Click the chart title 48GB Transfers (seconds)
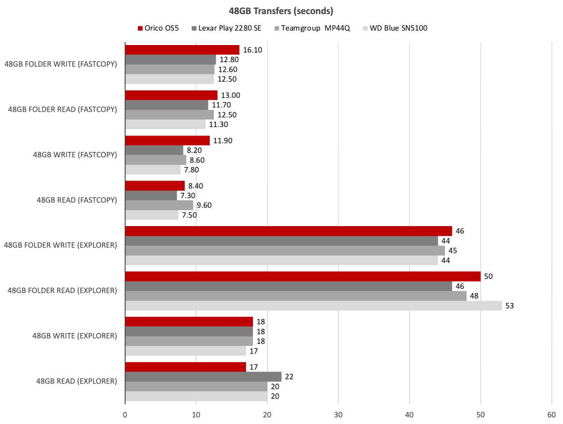[x=281, y=11]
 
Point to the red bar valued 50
[x=303, y=276]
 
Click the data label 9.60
[x=205, y=205]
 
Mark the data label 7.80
[x=192, y=170]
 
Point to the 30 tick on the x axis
[x=338, y=415]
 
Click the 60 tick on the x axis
[x=551, y=415]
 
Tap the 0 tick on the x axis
[x=125, y=415]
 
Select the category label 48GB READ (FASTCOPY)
[x=76, y=200]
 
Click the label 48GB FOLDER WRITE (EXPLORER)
[x=60, y=245]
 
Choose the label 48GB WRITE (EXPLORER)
[x=74, y=336]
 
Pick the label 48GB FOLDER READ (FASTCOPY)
[x=62, y=109]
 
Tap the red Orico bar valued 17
[x=185, y=367]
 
